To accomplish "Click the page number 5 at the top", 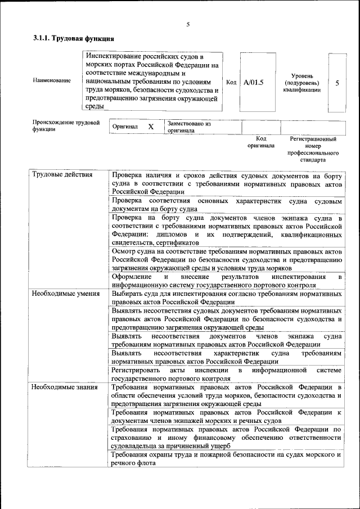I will click(x=188, y=24).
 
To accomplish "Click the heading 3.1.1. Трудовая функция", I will click(x=73, y=39).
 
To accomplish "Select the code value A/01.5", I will click(x=254, y=82).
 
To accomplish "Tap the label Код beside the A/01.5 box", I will click(x=231, y=82).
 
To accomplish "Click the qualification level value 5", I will click(x=337, y=83).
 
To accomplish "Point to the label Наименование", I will click(x=52, y=80).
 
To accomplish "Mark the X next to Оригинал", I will click(x=151, y=127).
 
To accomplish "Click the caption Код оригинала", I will click(x=261, y=142).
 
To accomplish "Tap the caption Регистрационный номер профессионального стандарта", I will click(x=313, y=148).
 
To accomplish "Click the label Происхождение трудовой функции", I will click(x=66, y=125).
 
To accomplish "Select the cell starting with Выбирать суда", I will click(x=226, y=298).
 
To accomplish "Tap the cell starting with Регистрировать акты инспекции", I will click(x=226, y=374).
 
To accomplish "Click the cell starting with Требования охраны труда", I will click(x=226, y=458).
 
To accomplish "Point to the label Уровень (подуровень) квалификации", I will click(x=306, y=83).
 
